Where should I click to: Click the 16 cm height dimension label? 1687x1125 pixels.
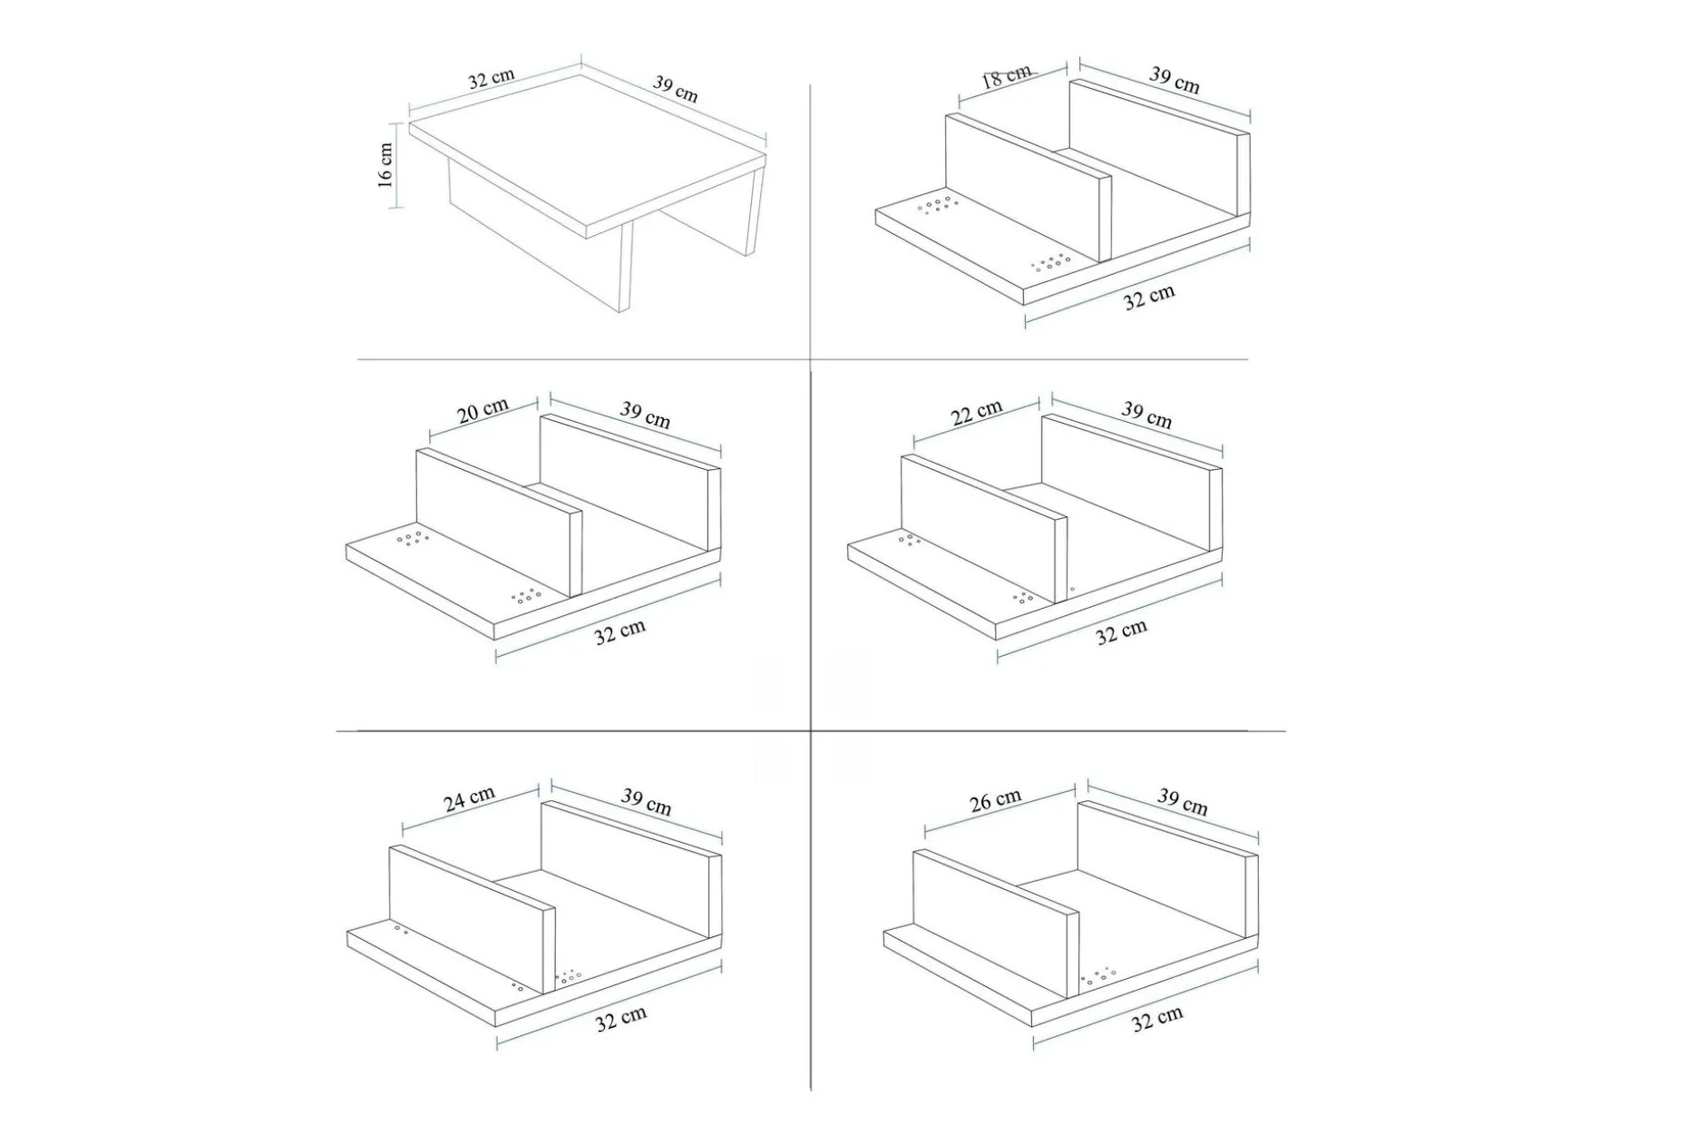pos(385,165)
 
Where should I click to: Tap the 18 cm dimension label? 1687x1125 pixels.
pos(1007,75)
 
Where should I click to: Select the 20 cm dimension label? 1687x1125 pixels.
pos(483,410)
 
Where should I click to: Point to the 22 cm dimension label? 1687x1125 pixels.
pos(977,412)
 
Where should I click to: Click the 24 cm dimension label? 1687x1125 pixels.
pos(470,798)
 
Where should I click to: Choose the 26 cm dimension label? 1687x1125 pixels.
pos(996,800)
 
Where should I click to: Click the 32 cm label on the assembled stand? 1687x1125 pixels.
pos(492,79)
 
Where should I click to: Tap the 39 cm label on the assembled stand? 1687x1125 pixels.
pos(676,89)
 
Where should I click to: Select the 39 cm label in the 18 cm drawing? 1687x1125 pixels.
pos(1175,80)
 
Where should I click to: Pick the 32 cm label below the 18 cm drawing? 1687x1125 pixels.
pos(1149,297)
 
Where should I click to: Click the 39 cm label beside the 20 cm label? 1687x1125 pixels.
pos(646,415)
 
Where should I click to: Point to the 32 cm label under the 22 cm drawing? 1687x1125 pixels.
pos(1122,631)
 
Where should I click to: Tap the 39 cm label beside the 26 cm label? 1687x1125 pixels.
pos(1183,801)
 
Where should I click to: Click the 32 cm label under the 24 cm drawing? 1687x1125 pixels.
pos(621,1019)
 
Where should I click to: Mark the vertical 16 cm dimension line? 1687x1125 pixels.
pos(396,166)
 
